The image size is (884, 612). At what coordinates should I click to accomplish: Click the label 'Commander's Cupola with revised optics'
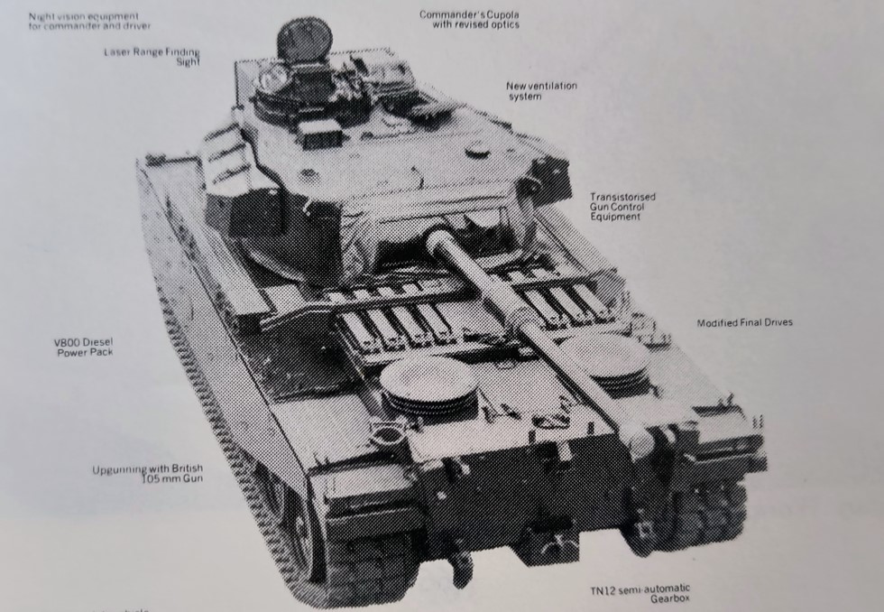[x=469, y=19]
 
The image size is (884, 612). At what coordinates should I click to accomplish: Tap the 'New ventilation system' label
[x=541, y=90]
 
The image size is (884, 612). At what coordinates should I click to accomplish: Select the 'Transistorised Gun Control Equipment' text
[x=622, y=207]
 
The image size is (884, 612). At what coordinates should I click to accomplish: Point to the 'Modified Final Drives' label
[x=744, y=323]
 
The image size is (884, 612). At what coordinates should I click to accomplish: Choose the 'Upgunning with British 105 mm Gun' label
[x=148, y=473]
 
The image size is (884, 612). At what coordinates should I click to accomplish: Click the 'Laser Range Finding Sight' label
[x=152, y=56]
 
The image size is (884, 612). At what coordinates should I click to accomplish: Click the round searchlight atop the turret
[x=304, y=40]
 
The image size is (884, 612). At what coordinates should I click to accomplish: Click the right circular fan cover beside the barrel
[x=603, y=356]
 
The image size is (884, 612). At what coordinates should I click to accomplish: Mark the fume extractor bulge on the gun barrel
[x=521, y=318]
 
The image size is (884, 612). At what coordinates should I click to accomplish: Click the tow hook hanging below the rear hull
[x=461, y=569]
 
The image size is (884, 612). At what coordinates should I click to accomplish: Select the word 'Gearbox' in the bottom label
[x=666, y=598]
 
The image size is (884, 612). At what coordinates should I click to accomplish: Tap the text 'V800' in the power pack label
[x=69, y=343]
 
